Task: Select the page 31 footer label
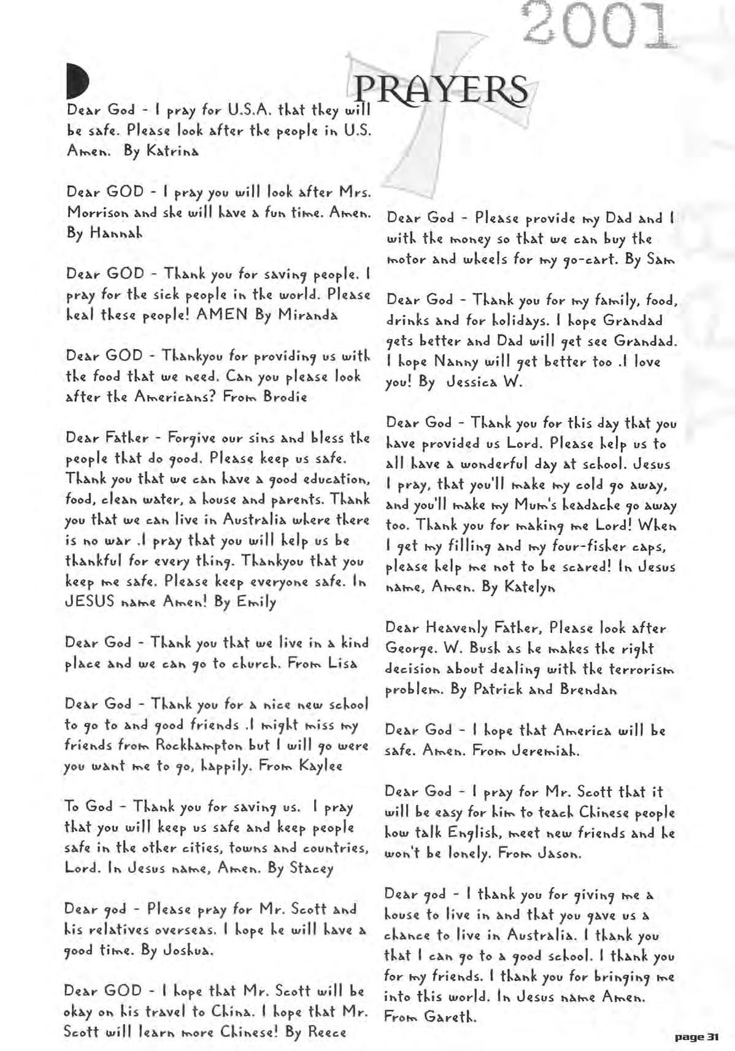pyautogui.click(x=696, y=1038)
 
